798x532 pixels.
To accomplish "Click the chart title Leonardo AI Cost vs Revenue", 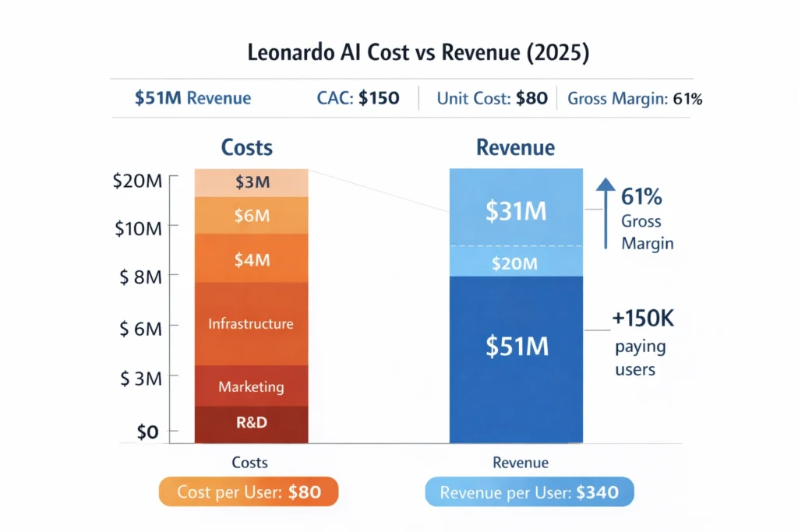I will point(398,55).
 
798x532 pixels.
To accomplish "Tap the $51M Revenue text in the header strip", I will point(192,98).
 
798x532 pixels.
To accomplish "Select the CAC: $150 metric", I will point(358,98).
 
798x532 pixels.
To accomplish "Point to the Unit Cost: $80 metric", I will point(492,98).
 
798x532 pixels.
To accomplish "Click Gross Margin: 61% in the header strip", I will point(634,99).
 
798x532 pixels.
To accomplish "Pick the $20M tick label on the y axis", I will point(139,181).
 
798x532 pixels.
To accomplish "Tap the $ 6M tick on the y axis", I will point(140,329).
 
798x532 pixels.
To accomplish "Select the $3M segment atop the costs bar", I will point(252,183).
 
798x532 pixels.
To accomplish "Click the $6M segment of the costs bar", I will point(252,216).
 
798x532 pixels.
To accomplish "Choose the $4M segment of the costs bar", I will point(252,259).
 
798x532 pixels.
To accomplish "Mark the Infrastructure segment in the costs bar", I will point(251,323).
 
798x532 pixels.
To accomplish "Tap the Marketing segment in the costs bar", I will point(251,386).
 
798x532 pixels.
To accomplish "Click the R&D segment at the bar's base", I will point(251,423).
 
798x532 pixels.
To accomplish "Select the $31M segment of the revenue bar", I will point(516,210).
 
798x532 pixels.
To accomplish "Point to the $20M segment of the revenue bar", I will point(516,263).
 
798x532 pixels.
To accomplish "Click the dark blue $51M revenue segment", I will point(516,347).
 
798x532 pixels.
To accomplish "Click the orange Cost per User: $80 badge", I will point(248,492).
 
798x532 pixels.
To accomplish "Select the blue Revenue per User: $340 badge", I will point(529,492).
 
